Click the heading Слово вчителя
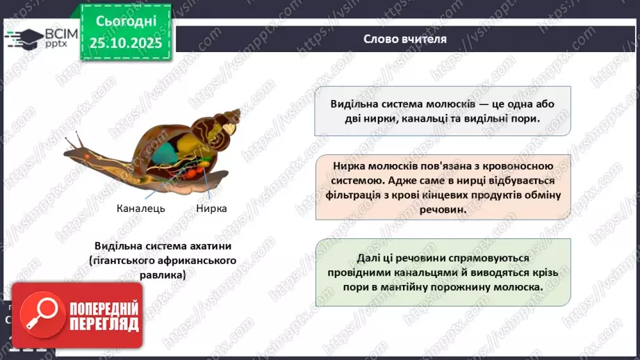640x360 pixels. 405,39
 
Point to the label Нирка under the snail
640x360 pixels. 211,208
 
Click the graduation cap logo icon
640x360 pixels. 23,38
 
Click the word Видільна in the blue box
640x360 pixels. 357,104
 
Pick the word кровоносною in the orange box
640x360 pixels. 518,166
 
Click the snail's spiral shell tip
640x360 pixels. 236,113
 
